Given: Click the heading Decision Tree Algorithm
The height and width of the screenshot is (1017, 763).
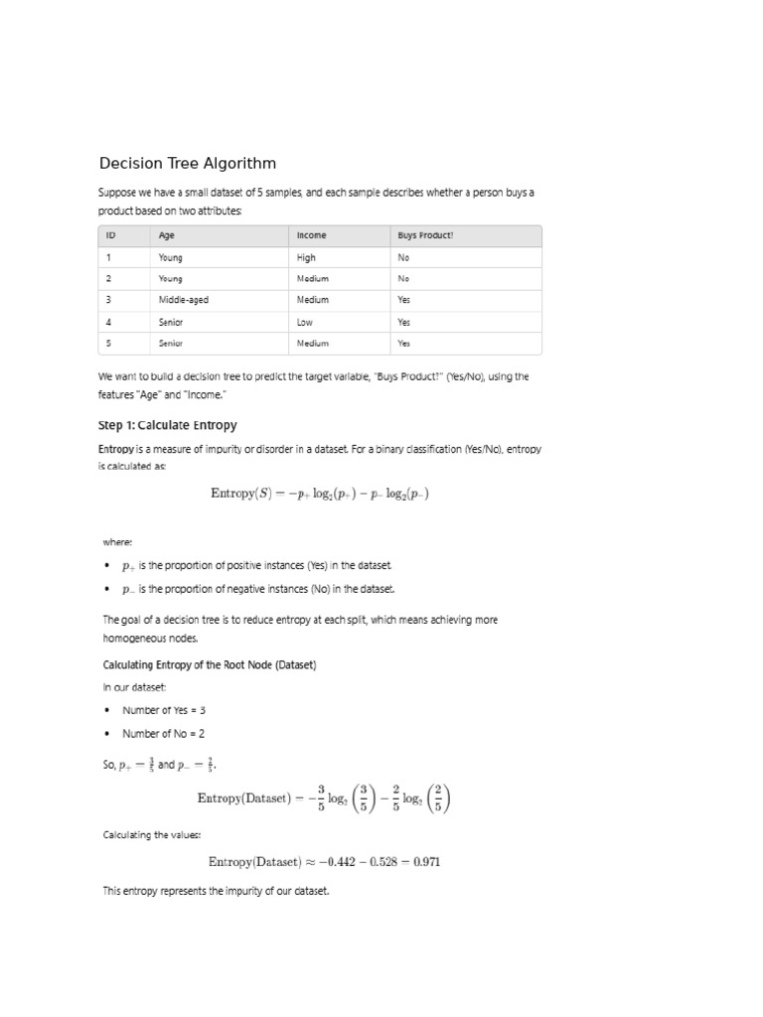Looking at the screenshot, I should tap(188, 163).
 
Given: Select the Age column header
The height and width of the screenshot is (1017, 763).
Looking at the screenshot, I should tap(166, 235).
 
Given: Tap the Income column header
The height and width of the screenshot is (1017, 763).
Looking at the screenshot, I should tap(312, 235).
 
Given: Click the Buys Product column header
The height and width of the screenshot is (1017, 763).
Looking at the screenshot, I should tap(425, 235).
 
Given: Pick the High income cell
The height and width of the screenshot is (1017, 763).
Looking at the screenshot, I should tap(306, 257).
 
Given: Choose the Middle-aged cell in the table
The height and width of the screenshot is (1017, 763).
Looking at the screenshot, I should tap(184, 300).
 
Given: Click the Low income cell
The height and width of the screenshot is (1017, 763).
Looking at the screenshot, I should tap(305, 322).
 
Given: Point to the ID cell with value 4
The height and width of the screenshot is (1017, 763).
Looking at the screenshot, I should tap(108, 322).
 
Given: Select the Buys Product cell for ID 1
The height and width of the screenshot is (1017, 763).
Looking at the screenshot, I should tap(403, 257).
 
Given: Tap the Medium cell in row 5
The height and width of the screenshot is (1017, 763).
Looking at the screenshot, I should tap(313, 344).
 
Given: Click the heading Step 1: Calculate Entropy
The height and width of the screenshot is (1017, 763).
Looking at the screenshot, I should tap(168, 425).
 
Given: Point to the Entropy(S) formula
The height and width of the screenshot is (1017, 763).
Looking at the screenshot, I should tap(320, 494).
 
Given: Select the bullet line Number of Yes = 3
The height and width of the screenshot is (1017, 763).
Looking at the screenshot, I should tap(164, 710).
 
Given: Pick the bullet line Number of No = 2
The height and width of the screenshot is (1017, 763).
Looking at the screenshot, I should tap(163, 734).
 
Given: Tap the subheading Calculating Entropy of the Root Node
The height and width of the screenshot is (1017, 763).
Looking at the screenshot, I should tap(210, 664).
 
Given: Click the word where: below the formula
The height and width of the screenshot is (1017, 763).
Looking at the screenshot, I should tap(117, 542).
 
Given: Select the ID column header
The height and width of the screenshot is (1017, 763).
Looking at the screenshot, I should tap(110, 235).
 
